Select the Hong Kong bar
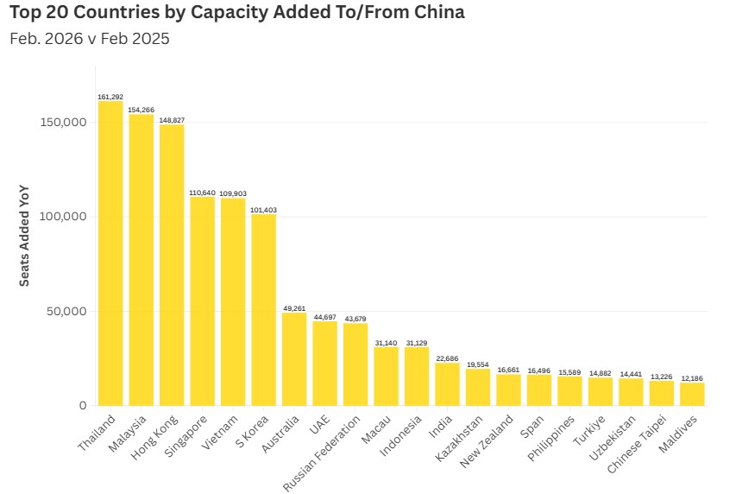click(172, 265)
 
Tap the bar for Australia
click(294, 358)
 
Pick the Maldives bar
click(692, 394)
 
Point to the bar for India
click(447, 384)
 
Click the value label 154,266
click(141, 110)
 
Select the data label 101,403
click(264, 210)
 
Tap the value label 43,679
click(355, 318)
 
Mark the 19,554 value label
click(478, 364)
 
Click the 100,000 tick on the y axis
click(64, 216)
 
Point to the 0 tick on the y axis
click(82, 405)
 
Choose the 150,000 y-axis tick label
click(64, 122)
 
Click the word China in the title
click(432, 14)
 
